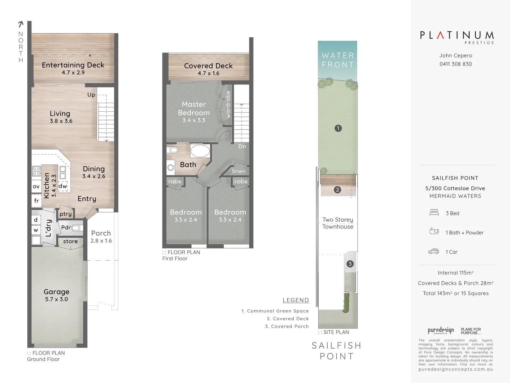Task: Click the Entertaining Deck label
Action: point(73,65)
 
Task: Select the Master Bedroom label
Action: point(194,109)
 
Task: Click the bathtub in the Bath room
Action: point(200,151)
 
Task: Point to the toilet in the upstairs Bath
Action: point(172,150)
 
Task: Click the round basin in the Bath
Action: point(171,167)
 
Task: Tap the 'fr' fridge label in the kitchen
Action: point(36,201)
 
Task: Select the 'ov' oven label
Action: point(36,187)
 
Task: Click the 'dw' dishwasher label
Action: point(63,186)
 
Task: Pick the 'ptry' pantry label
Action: point(66,214)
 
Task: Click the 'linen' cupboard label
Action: point(239,171)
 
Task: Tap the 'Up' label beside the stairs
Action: point(91,95)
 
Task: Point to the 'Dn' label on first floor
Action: point(242,146)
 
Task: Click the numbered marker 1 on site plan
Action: point(338,128)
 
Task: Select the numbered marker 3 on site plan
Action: point(350,264)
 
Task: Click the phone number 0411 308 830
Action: point(455,64)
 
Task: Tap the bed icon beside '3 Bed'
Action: point(434,213)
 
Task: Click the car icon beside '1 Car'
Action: point(433,252)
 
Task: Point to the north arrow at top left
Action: point(21,24)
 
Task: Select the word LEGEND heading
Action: point(296,300)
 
